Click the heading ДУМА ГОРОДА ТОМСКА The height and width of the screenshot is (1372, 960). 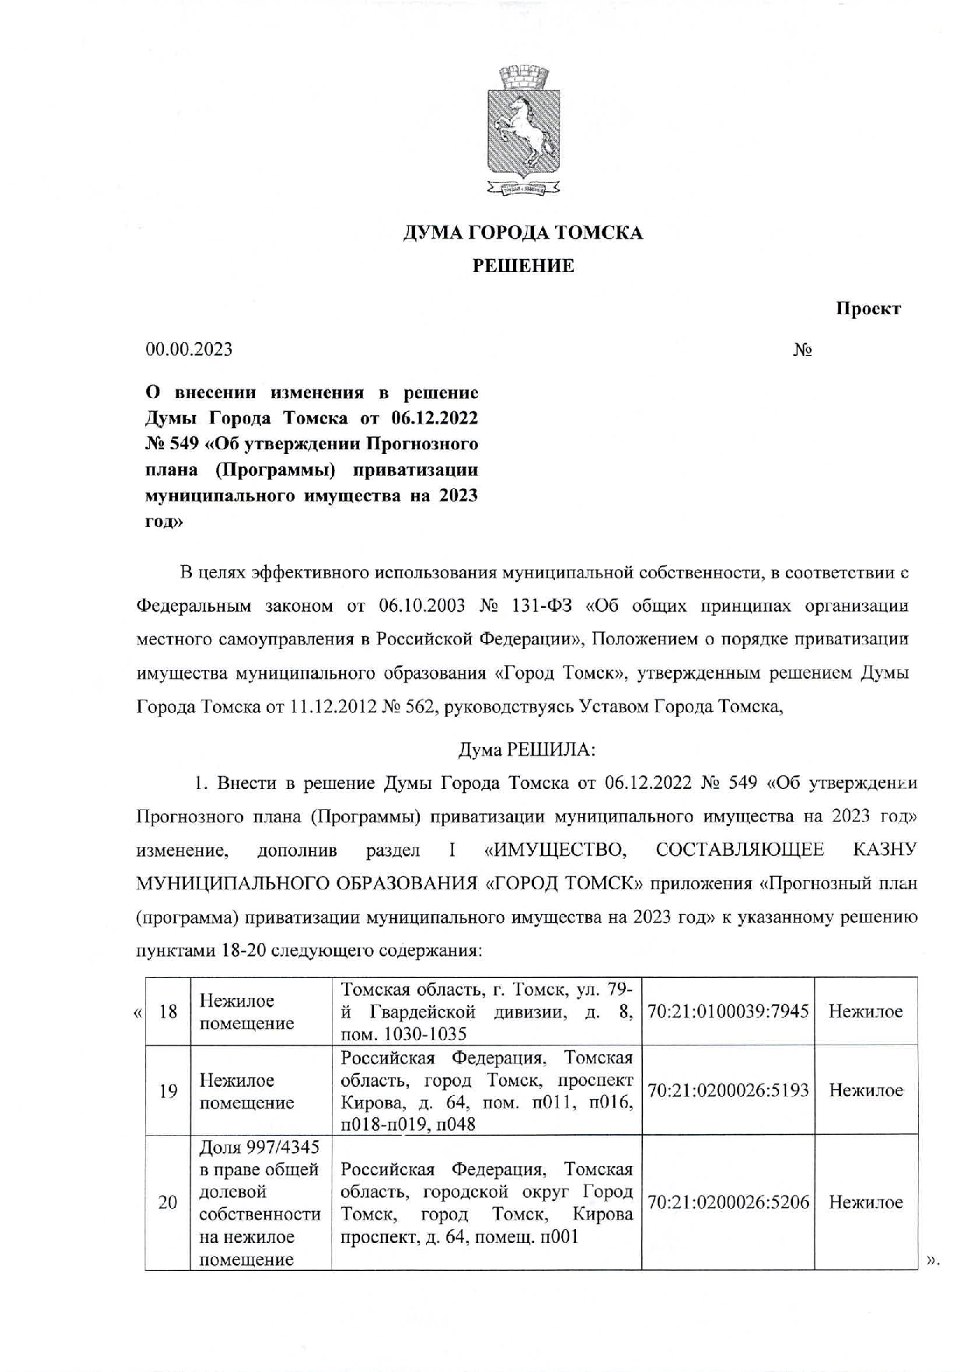(522, 232)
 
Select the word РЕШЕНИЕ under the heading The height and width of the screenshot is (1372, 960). (523, 266)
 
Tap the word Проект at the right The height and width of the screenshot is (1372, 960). (867, 308)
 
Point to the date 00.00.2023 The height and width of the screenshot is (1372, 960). (189, 349)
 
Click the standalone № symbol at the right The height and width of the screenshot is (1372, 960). (802, 350)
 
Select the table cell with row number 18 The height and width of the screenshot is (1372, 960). (168, 1011)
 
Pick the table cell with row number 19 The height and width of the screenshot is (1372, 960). (168, 1091)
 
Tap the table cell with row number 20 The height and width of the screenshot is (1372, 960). (168, 1203)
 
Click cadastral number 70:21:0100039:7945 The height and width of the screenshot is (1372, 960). (728, 1011)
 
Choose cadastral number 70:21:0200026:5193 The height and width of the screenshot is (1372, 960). (728, 1091)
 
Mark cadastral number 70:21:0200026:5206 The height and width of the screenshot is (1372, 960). (728, 1203)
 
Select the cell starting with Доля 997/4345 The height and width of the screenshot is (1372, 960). (260, 1203)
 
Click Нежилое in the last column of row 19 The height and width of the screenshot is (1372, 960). (865, 1091)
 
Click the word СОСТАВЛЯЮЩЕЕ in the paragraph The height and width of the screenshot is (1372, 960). (739, 850)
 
